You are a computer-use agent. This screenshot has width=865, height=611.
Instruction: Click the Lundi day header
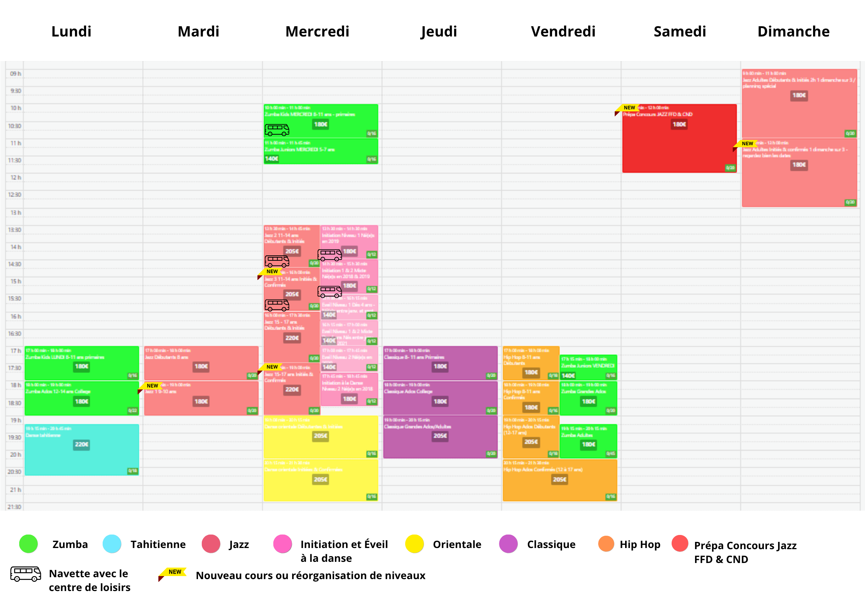[72, 31]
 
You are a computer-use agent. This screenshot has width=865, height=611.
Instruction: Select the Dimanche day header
[793, 31]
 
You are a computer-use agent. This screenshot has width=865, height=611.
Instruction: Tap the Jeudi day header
[439, 31]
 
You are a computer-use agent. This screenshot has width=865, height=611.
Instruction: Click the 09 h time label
[15, 73]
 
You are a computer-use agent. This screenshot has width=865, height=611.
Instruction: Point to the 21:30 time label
[14, 507]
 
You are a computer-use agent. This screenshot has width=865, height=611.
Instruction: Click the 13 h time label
[16, 212]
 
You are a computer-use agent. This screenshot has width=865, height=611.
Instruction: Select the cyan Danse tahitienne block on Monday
[82, 457]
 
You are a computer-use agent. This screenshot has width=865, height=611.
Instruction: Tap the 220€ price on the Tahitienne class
[82, 444]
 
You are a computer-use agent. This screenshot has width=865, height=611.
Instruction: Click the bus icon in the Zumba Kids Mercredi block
[277, 130]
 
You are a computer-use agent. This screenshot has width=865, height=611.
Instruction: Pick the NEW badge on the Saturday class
[629, 108]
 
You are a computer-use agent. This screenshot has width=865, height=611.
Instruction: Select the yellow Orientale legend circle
[414, 544]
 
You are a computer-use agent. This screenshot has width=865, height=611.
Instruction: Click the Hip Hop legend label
[640, 544]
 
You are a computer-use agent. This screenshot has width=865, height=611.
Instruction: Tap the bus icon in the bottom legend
[25, 574]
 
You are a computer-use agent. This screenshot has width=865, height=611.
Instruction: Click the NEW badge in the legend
[174, 572]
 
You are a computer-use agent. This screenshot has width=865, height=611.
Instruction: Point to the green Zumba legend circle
[28, 544]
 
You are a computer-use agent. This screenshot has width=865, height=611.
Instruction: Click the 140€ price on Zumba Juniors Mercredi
[271, 159]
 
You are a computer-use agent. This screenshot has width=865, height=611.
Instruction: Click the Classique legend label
[551, 544]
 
